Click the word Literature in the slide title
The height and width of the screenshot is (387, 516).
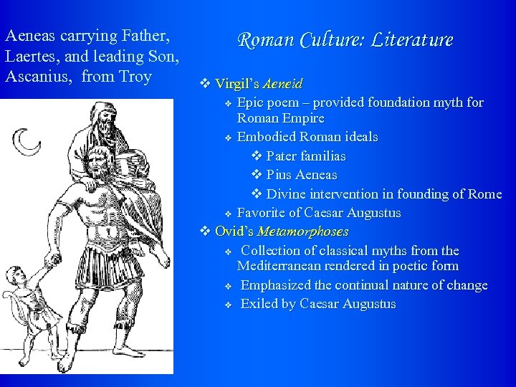point(411,39)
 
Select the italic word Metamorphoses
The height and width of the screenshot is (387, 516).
point(302,231)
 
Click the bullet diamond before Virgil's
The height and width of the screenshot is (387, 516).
point(205,85)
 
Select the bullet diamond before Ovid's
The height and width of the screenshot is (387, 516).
point(205,231)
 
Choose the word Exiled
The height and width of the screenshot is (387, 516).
point(259,304)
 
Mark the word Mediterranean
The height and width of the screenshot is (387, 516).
point(282,266)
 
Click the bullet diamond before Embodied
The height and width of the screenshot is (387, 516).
point(227,137)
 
